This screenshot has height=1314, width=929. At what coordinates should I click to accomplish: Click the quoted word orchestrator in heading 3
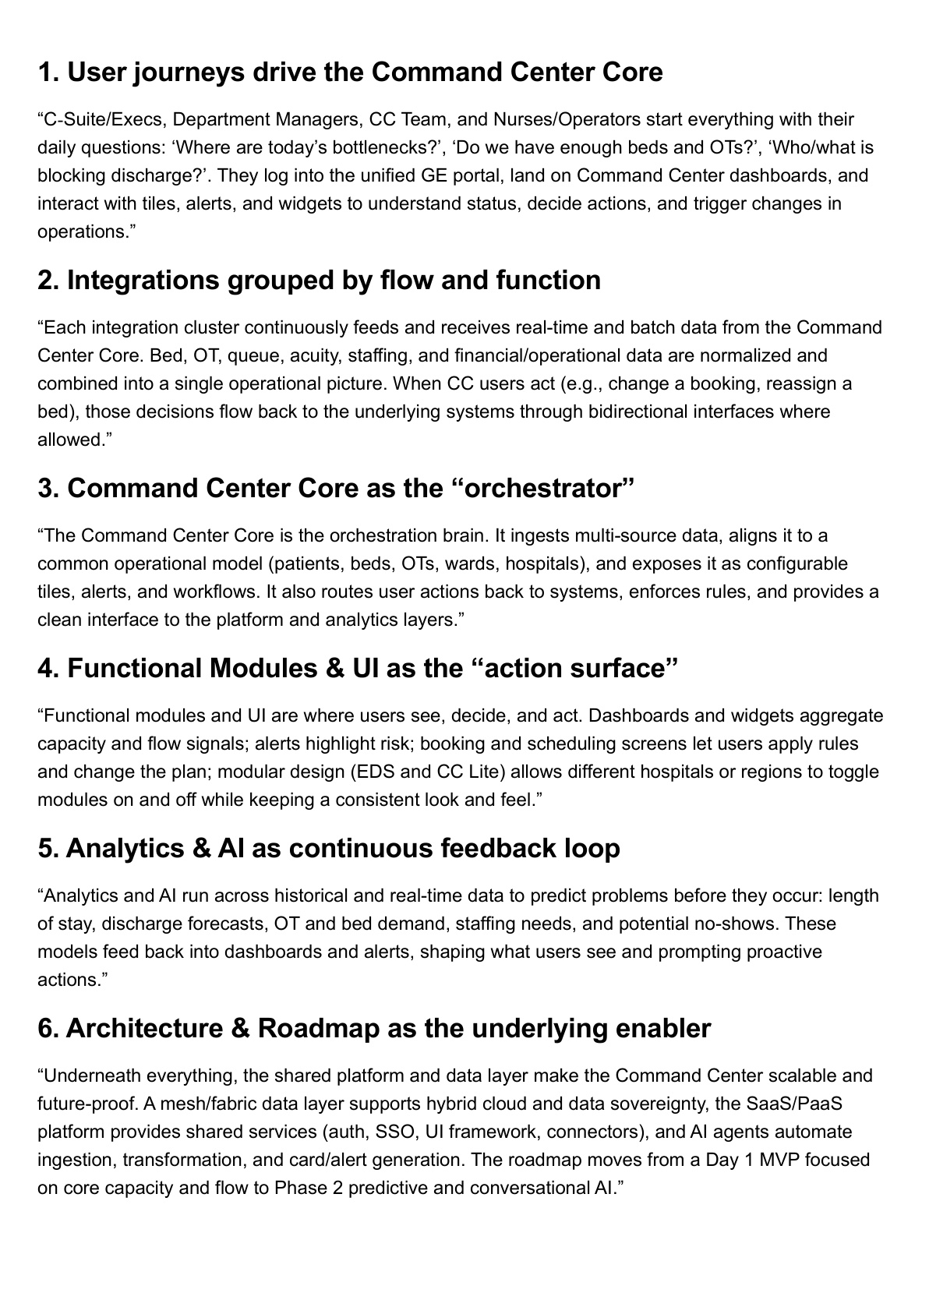tap(543, 489)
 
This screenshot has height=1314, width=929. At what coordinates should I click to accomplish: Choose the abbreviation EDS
tap(375, 772)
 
